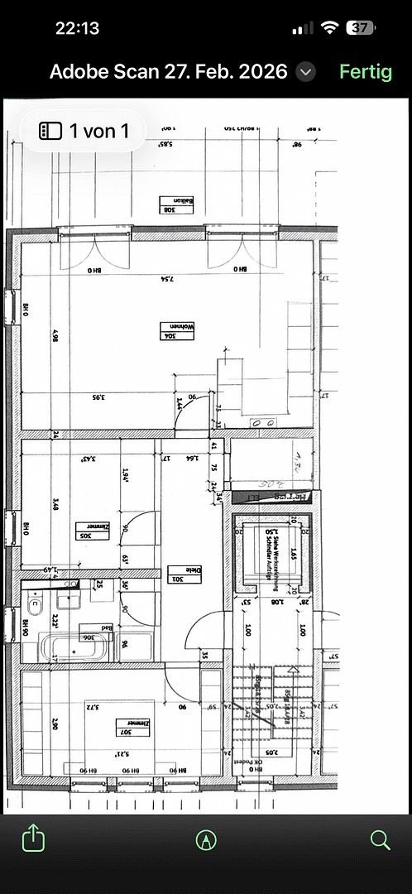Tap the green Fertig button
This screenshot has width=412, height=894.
(365, 72)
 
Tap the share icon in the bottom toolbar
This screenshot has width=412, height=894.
(32, 839)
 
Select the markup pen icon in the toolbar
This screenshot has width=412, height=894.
(206, 840)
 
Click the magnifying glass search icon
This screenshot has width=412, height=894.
(380, 840)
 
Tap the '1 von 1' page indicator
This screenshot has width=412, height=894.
(84, 131)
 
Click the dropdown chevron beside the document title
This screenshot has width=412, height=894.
(305, 72)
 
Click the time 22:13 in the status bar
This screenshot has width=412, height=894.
(77, 28)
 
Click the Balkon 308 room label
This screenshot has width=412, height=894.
(176, 204)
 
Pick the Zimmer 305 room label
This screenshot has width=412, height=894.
(93, 530)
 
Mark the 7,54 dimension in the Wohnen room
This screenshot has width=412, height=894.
(168, 280)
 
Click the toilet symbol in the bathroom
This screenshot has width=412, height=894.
(35, 598)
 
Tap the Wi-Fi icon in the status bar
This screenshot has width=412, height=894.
(329, 27)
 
